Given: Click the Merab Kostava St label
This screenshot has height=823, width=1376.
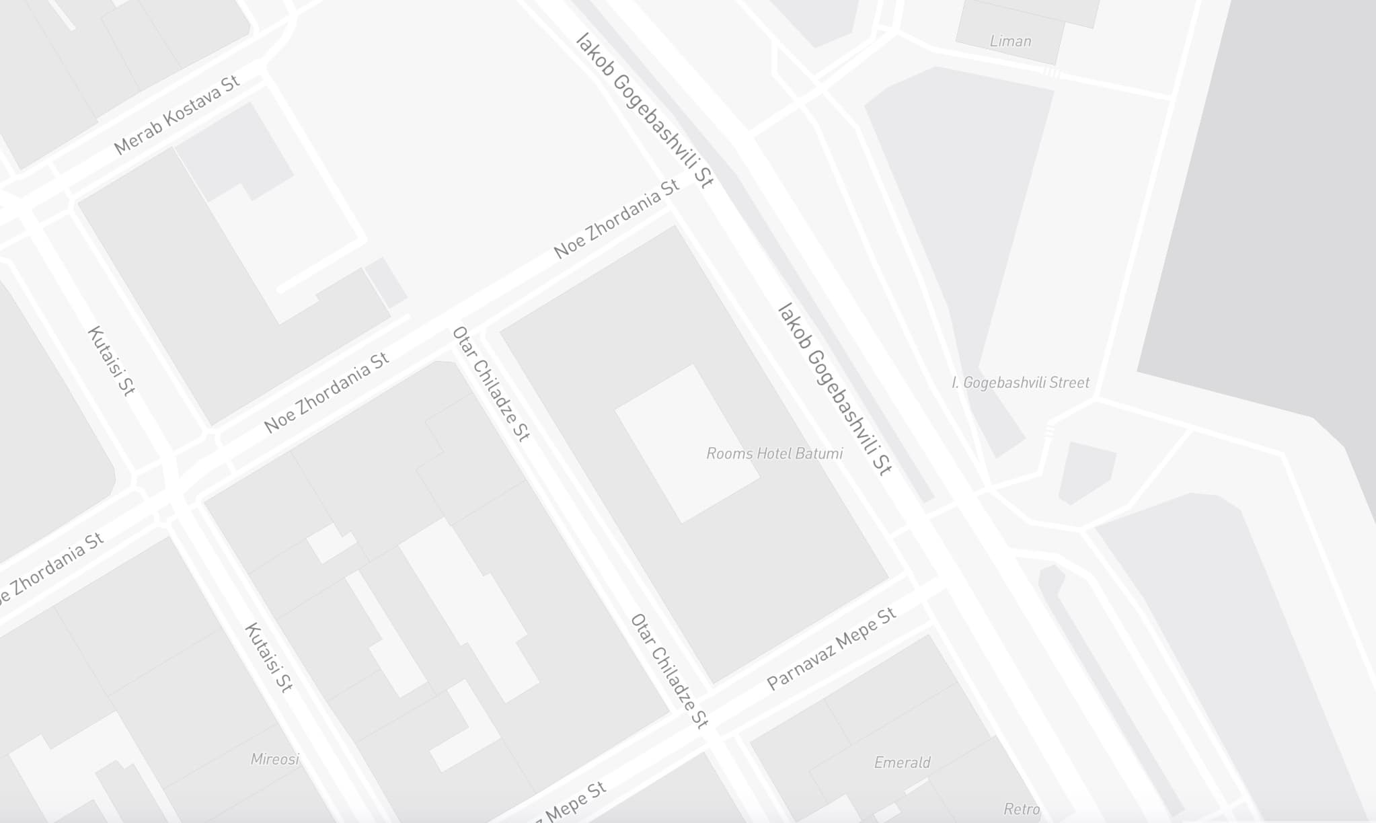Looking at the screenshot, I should click(x=177, y=116).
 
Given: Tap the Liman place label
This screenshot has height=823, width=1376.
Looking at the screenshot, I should click(x=1010, y=41).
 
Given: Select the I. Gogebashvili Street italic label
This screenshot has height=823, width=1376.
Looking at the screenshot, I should click(x=1020, y=383).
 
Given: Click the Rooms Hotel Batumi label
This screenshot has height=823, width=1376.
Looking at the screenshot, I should click(x=774, y=454).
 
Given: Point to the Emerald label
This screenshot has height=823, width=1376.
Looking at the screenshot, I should click(x=902, y=762).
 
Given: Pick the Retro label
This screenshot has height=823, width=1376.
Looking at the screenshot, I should click(x=1022, y=809).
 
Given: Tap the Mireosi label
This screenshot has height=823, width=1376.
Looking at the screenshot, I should click(x=274, y=759).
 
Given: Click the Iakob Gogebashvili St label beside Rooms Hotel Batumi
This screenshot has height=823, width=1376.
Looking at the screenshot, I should click(x=834, y=390).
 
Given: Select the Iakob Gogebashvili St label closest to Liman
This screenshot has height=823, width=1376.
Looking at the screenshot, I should click(x=644, y=110).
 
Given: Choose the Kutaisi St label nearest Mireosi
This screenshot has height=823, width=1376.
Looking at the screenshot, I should click(x=268, y=657).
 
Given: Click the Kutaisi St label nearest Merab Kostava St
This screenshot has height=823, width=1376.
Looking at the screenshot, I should click(x=112, y=361).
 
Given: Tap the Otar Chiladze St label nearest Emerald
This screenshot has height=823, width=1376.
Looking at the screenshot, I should click(x=669, y=671).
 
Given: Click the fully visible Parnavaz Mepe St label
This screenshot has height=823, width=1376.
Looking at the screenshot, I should click(x=831, y=649).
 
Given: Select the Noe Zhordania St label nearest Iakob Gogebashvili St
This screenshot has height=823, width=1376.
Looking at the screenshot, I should click(x=616, y=219).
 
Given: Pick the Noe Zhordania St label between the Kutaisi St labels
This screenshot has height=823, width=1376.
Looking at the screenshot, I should click(x=326, y=393).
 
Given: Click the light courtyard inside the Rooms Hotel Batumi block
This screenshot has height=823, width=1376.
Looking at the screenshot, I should click(x=687, y=443).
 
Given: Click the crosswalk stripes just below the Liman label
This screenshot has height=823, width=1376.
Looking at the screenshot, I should click(x=1050, y=72).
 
